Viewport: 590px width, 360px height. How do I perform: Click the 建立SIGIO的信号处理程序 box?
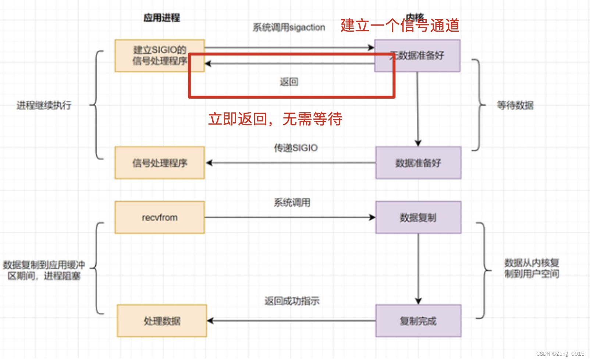pyautogui.click(x=160, y=55)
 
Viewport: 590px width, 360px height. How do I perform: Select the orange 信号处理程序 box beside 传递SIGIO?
pyautogui.click(x=160, y=163)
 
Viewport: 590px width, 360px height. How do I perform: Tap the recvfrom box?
pyautogui.click(x=160, y=217)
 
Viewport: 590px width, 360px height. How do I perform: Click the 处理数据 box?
pyautogui.click(x=162, y=321)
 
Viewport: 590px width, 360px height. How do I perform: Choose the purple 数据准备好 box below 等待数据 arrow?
pyautogui.click(x=418, y=163)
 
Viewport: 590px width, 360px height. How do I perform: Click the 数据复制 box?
pyautogui.click(x=418, y=217)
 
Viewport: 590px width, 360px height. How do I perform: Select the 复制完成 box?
pyautogui.click(x=418, y=321)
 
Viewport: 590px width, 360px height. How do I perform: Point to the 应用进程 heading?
pyautogui.click(x=161, y=18)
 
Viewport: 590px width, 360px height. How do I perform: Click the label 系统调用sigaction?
pyautogui.click(x=289, y=27)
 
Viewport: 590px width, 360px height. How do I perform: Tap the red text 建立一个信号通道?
pyautogui.click(x=400, y=25)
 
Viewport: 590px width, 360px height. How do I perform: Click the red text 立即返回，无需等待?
pyautogui.click(x=275, y=119)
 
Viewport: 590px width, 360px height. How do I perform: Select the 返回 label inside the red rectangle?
pyautogui.click(x=289, y=82)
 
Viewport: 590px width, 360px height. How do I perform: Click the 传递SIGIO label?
pyautogui.click(x=295, y=148)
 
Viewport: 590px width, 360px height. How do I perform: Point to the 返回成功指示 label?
pyautogui.click(x=292, y=301)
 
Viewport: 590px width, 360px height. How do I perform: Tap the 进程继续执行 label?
pyautogui.click(x=44, y=105)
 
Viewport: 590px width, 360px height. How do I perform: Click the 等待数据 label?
pyautogui.click(x=515, y=105)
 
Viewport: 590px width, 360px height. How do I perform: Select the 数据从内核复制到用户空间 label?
pyautogui.click(x=532, y=268)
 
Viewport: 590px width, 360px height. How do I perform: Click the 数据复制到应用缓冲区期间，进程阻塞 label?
pyautogui.click(x=44, y=270)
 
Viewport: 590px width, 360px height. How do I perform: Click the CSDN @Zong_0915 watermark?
pyautogui.click(x=560, y=353)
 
